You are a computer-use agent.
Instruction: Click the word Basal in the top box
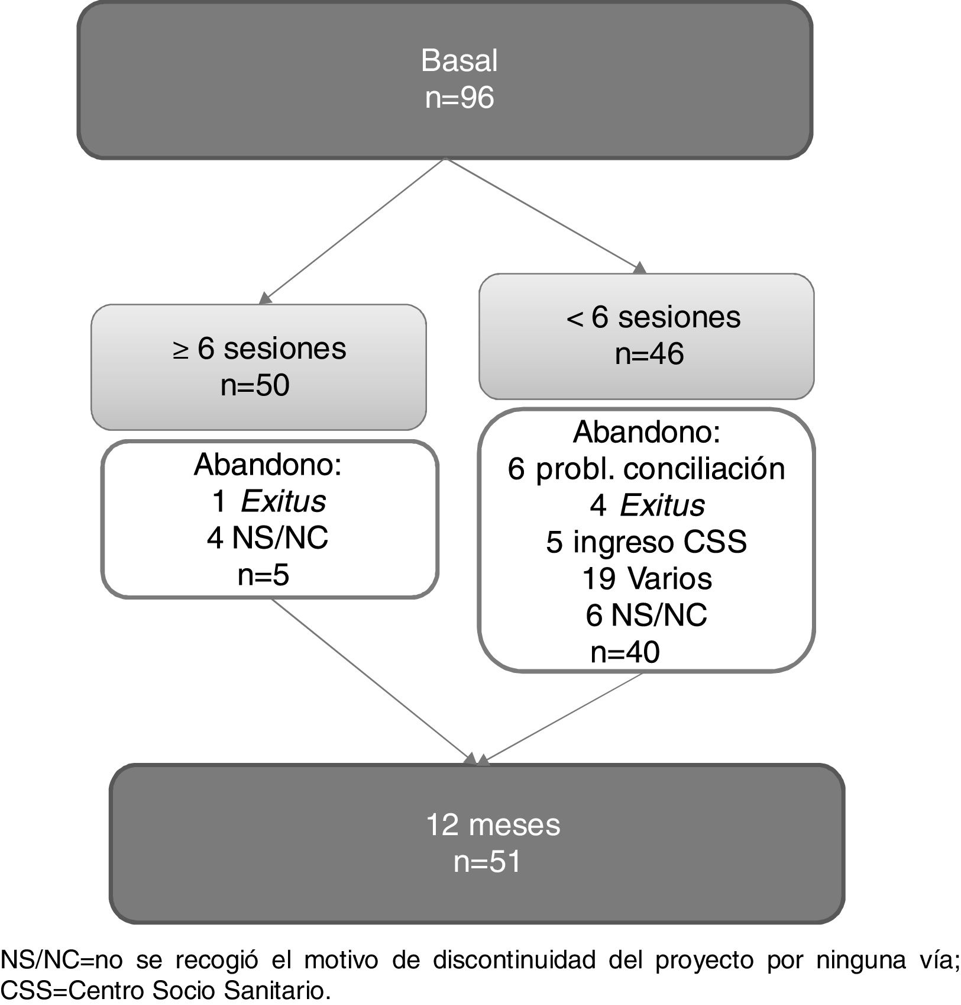tap(459, 60)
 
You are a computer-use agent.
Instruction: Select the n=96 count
tap(459, 97)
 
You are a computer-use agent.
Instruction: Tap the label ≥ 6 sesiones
tap(259, 348)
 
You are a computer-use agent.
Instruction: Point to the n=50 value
tap(255, 385)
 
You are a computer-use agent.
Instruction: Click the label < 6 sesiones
tap(653, 317)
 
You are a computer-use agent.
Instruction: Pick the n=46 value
tap(649, 354)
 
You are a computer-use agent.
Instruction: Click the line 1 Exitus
tap(268, 501)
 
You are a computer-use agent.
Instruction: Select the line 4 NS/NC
tap(267, 538)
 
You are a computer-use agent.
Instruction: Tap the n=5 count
tap(263, 575)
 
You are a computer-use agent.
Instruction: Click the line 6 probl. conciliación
tap(646, 469)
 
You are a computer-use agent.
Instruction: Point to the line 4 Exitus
tap(647, 505)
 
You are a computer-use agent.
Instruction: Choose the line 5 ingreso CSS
tap(646, 542)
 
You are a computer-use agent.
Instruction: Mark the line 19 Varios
tap(646, 578)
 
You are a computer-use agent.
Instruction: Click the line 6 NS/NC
tap(646, 615)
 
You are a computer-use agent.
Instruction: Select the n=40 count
tap(625, 652)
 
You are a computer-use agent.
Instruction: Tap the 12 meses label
tap(493, 824)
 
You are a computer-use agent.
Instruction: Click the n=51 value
tap(487, 861)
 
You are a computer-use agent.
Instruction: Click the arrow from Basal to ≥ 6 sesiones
tap(353, 231)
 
